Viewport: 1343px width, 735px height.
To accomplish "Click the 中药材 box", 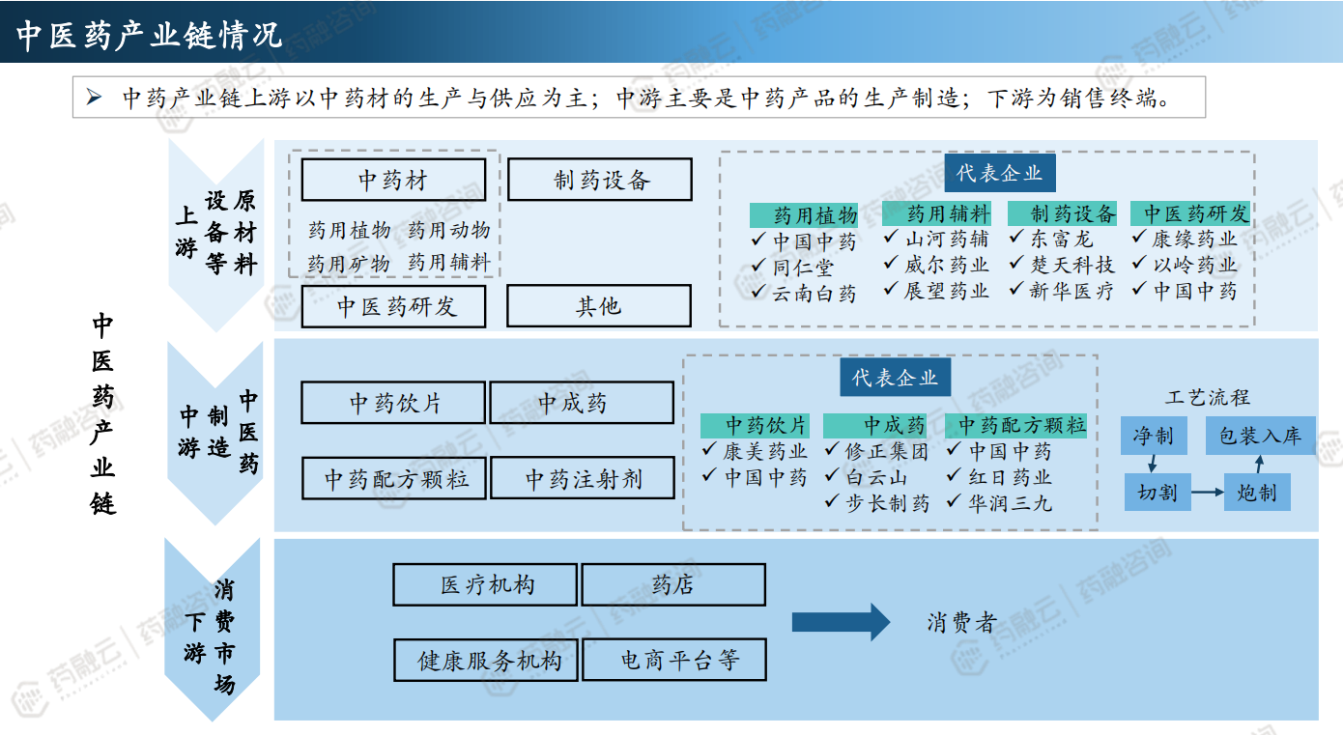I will (393, 180).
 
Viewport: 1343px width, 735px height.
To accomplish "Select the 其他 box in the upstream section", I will (598, 306).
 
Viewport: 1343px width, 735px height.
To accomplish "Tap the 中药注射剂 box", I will (583, 478).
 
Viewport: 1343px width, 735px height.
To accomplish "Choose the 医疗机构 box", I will (485, 584).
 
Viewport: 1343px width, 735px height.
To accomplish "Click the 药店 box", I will (673, 584).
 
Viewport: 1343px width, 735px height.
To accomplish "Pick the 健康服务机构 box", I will (485, 660).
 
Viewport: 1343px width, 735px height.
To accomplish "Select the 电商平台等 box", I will (673, 660).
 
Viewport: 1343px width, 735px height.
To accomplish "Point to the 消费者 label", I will (960, 623).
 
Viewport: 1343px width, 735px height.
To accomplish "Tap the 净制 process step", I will (1153, 437).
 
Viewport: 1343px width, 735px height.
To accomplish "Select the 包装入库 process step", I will (1260, 437).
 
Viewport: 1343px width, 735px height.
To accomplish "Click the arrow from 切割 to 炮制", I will (1207, 493).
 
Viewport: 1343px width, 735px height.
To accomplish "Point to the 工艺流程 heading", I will (1208, 397).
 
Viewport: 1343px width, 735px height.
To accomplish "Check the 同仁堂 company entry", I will (802, 267).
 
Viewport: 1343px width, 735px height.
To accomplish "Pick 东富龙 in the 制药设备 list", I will (1061, 239).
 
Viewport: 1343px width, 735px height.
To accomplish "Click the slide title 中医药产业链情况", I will (150, 35).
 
